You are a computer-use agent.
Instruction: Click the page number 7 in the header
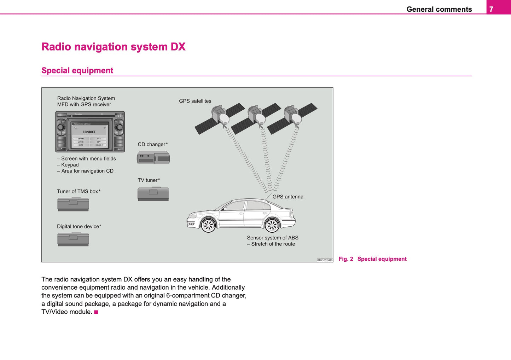click(x=491, y=9)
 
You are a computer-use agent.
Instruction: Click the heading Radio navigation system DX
click(x=113, y=47)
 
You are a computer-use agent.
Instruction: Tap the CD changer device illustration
click(x=153, y=157)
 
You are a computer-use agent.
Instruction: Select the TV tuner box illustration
click(x=153, y=194)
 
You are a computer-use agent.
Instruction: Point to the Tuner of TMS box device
click(x=73, y=204)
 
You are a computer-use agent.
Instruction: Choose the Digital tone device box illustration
click(x=73, y=239)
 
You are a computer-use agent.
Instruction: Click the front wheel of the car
click(x=208, y=225)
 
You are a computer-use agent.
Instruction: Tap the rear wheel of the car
click(x=272, y=225)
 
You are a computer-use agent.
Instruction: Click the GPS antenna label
click(x=288, y=197)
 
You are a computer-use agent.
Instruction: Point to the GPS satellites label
click(x=195, y=101)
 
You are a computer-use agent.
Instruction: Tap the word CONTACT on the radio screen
click(x=89, y=132)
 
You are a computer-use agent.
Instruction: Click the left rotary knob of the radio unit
click(x=61, y=127)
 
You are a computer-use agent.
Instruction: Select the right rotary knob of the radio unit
click(x=119, y=127)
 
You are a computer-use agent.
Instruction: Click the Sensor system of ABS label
click(x=273, y=238)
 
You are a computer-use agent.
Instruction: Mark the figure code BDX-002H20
click(x=325, y=260)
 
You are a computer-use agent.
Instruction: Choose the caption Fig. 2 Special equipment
click(x=372, y=259)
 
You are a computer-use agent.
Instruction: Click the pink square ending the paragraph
click(x=96, y=312)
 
